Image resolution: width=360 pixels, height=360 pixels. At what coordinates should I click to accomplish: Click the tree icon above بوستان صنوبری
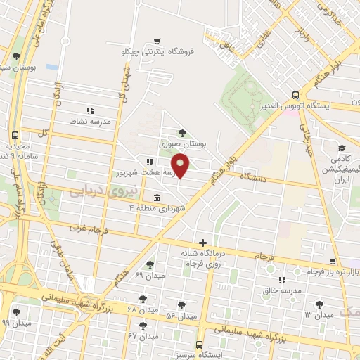(183, 131)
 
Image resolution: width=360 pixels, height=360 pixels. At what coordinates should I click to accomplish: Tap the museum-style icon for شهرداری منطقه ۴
(156, 198)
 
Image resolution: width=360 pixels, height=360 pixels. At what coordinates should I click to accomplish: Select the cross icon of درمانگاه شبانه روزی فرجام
(203, 243)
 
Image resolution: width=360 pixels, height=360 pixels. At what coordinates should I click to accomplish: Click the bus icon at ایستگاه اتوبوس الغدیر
(295, 95)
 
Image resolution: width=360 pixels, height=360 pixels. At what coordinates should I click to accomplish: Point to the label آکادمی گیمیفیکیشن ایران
(340, 169)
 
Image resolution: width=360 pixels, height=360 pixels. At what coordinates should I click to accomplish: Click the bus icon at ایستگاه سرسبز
(200, 345)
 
